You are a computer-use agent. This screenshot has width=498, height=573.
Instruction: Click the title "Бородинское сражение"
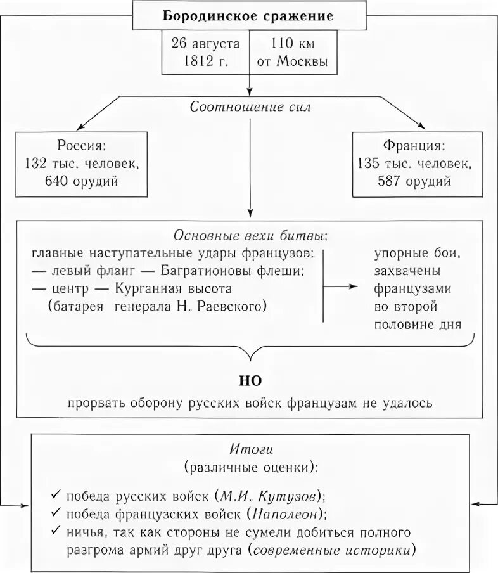coord(248,16)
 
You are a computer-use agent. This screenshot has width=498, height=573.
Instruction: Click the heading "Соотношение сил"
coord(250,107)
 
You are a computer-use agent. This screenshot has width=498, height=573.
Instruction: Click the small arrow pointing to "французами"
coord(342,286)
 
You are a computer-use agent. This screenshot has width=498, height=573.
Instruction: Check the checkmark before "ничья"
coord(56,531)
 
